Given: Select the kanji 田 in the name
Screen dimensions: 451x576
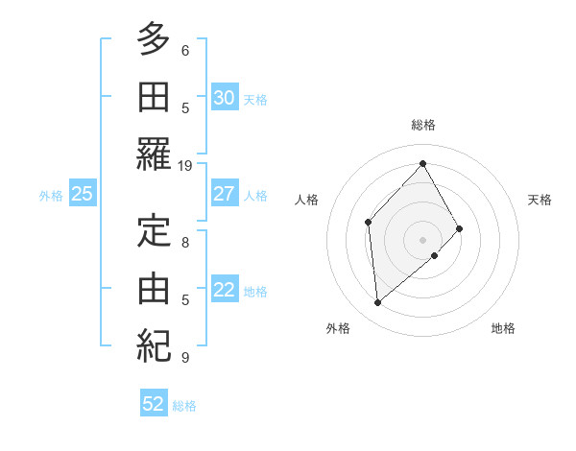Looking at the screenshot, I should (x=154, y=96).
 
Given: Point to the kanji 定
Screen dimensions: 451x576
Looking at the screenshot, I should (x=154, y=231).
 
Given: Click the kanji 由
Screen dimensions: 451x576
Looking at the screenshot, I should (x=154, y=287).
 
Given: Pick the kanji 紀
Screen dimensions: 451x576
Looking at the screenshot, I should (x=154, y=344).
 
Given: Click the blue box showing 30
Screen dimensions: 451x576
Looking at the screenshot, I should (x=224, y=97).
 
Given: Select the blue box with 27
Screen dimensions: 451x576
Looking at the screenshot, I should (x=224, y=193).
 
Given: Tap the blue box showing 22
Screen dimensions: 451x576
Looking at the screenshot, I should (x=224, y=290).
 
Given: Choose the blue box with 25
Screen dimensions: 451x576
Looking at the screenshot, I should (x=83, y=194).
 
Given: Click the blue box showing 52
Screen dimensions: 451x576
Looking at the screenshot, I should (x=154, y=404).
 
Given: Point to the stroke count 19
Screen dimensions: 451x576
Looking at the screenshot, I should (x=185, y=166).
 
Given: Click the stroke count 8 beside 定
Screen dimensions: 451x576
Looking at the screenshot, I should (x=185, y=243).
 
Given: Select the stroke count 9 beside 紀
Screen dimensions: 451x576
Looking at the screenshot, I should (x=185, y=358).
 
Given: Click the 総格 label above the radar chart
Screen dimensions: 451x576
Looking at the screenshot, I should (x=423, y=125).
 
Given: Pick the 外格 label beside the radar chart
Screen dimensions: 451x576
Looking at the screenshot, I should (x=337, y=328).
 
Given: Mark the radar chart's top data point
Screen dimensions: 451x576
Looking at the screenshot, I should (x=422, y=163).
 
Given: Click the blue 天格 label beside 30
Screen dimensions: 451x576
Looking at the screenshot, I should (x=255, y=99).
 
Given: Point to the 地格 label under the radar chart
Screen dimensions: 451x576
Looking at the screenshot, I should (x=503, y=328).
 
